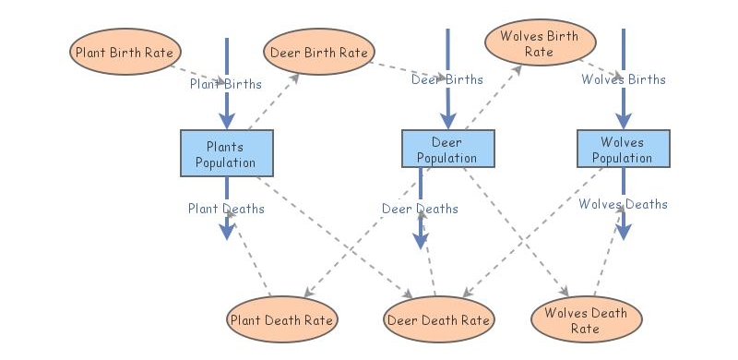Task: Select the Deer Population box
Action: click(447, 150)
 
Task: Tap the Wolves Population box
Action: click(623, 150)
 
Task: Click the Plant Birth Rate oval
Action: click(124, 51)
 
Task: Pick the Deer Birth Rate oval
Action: click(319, 52)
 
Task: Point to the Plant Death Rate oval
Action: click(281, 320)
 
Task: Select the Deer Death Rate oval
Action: click(438, 320)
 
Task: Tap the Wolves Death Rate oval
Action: click(586, 320)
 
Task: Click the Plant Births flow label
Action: click(226, 84)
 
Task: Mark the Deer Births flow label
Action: click(447, 79)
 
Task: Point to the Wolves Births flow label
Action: click(623, 79)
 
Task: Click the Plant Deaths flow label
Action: click(226, 209)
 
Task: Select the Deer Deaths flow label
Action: click(420, 209)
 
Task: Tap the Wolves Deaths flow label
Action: click(623, 204)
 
